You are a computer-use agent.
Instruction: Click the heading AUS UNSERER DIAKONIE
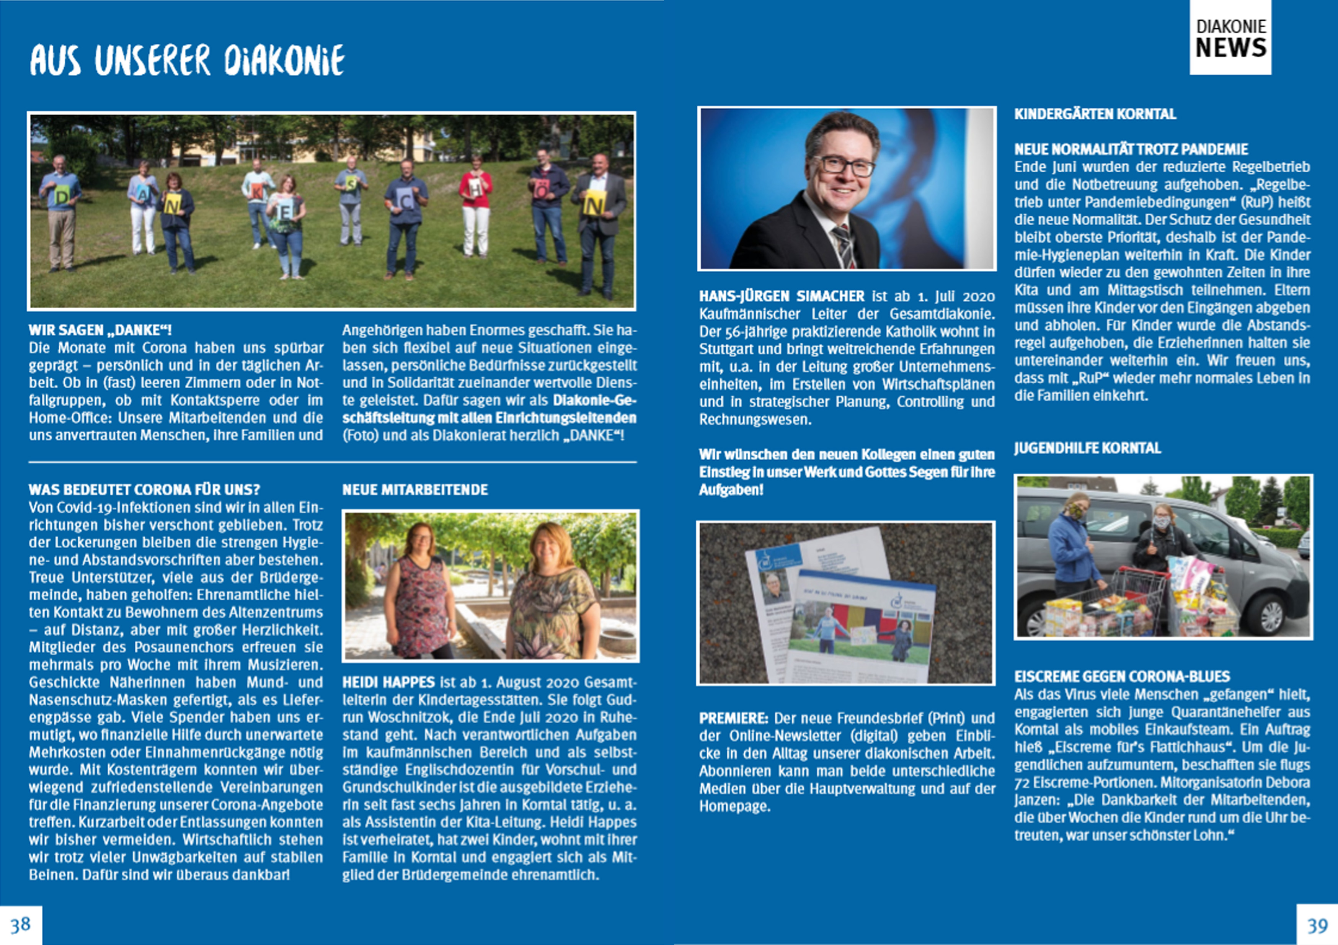(187, 60)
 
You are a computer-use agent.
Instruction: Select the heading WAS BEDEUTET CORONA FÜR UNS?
(145, 490)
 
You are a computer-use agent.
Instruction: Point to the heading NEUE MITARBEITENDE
(415, 490)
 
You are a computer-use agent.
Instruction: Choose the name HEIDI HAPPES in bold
(388, 682)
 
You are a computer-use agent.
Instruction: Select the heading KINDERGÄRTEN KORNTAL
(1095, 114)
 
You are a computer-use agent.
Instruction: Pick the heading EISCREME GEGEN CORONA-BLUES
(1122, 676)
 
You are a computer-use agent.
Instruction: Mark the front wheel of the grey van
(1270, 615)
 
